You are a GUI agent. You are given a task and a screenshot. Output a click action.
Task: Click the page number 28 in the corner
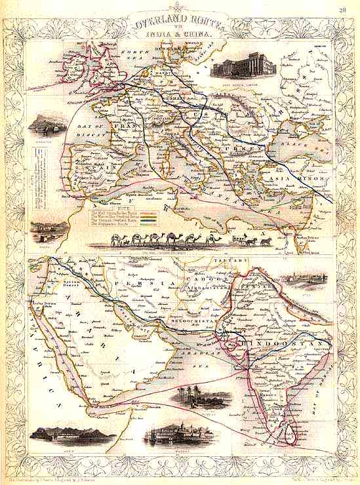(342, 10)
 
